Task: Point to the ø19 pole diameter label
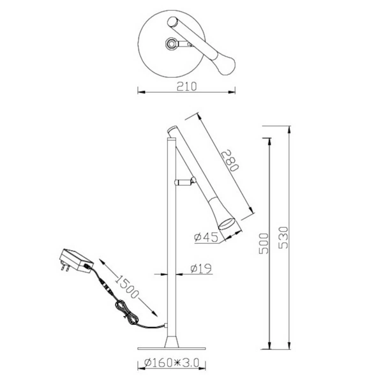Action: pos(201,270)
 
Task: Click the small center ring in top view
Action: pos(172,44)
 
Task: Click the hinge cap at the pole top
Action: pos(171,130)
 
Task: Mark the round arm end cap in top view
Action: pos(172,23)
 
